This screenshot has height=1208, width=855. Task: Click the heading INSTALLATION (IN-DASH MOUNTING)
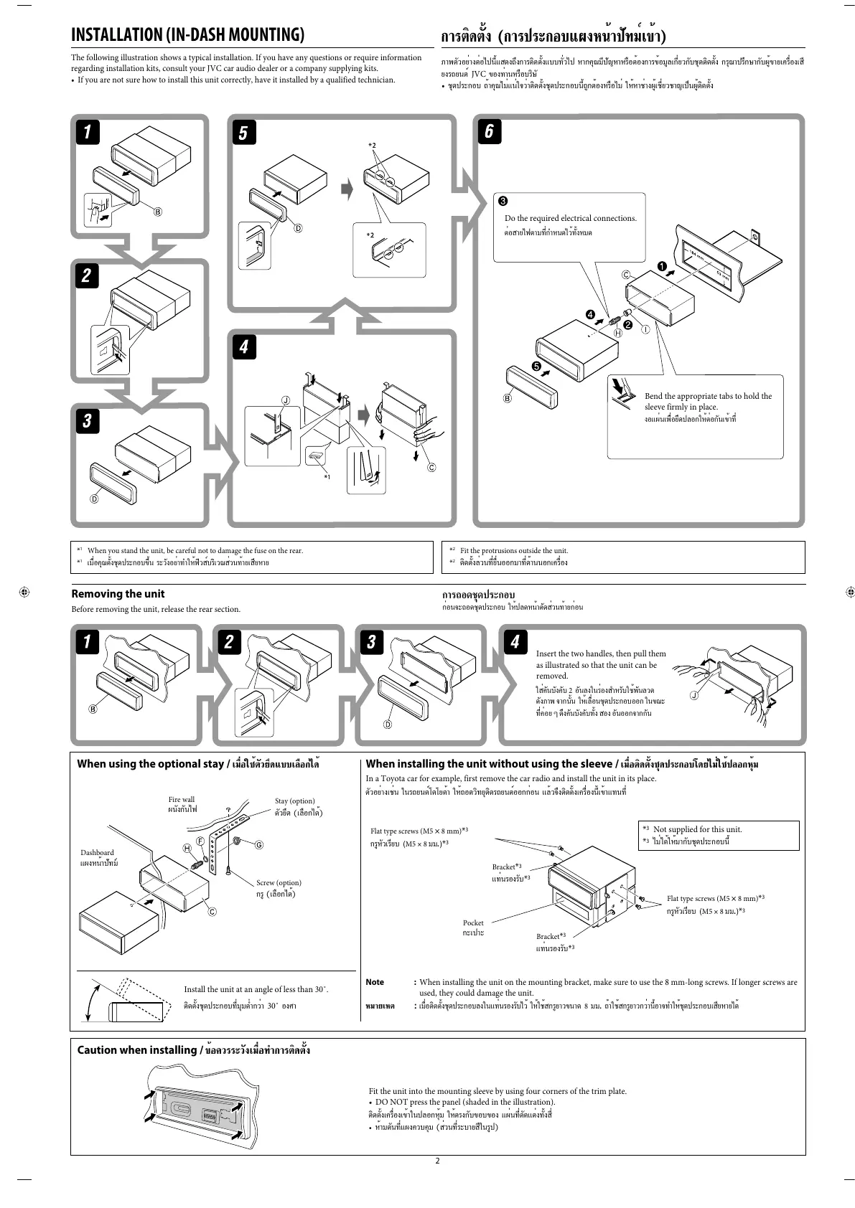pos(187,34)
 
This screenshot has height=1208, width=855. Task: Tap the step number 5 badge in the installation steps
pos(243,133)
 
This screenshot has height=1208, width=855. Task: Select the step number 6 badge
pos(489,131)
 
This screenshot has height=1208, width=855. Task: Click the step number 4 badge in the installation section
pos(243,346)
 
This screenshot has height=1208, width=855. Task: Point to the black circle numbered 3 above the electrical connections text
pos(504,200)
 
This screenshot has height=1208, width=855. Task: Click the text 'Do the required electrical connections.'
pos(570,218)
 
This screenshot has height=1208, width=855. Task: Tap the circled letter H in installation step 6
pos(617,333)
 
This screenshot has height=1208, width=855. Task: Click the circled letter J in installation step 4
pos(286,400)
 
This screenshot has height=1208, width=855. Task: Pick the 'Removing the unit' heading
pos(118,594)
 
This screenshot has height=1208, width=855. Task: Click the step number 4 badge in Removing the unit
pos(514,641)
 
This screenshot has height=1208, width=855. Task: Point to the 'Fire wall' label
pos(182,799)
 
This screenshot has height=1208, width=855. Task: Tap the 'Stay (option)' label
pos(294,801)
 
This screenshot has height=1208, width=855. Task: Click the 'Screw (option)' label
pos(279,882)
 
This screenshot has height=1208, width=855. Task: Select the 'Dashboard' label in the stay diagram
pos(97,853)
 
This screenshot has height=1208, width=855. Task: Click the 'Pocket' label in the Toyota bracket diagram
pos(473,922)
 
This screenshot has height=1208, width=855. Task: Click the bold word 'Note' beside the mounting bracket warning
pos(375,982)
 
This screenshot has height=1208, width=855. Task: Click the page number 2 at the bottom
pos(436,1161)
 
